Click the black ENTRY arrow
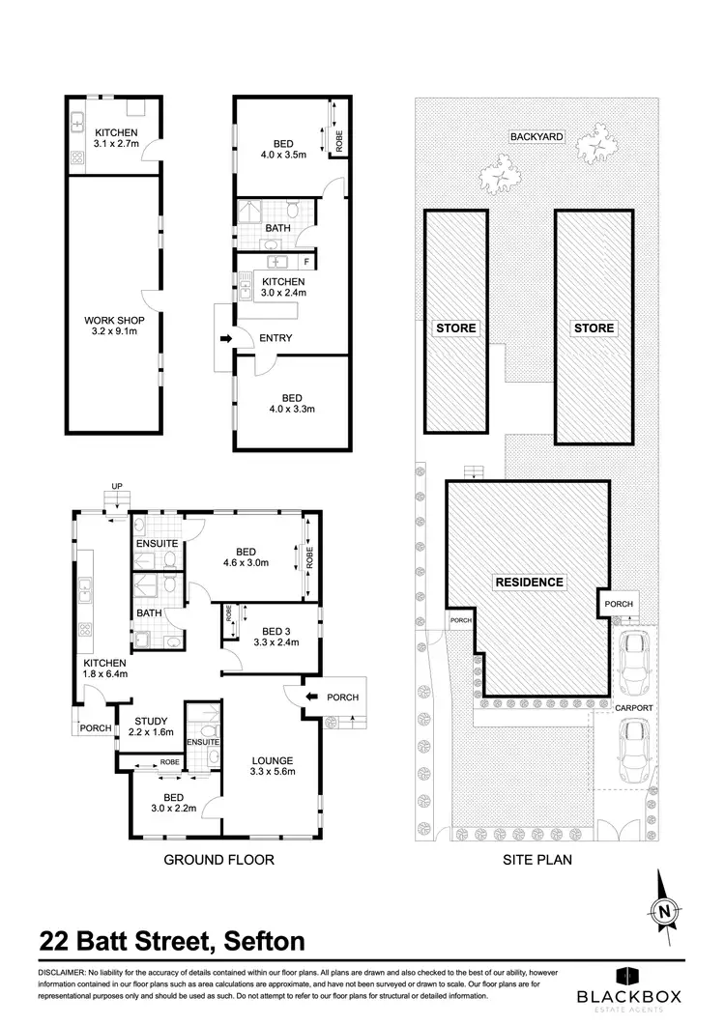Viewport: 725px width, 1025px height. tap(226, 338)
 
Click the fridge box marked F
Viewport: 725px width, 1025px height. tap(306, 262)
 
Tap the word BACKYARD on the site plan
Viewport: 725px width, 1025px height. tap(536, 137)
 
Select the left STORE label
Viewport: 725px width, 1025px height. tap(456, 328)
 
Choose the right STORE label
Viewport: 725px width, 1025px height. tap(594, 328)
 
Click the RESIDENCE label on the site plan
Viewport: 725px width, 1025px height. tap(529, 583)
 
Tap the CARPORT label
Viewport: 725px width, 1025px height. tap(634, 708)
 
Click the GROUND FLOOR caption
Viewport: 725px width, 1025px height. tap(218, 859)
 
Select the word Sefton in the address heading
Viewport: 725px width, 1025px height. tap(264, 940)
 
